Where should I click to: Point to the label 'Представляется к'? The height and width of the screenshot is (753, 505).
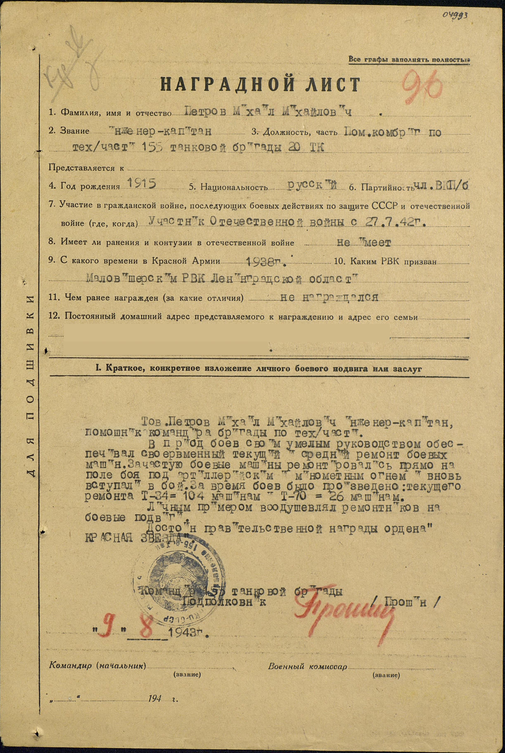(86, 168)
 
